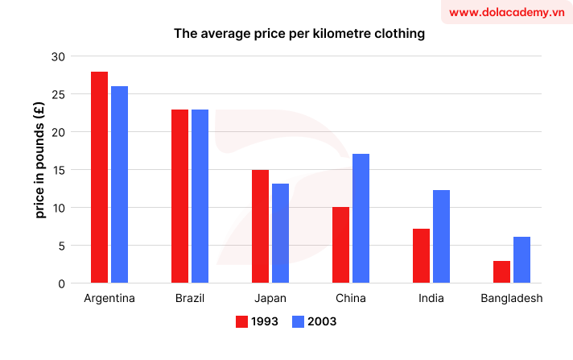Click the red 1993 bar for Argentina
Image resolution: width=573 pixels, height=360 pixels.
[x=99, y=177]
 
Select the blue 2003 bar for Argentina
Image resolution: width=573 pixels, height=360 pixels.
[x=119, y=184]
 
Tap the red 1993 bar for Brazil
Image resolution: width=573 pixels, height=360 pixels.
[x=179, y=197]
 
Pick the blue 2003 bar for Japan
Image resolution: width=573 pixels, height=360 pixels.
[x=280, y=234]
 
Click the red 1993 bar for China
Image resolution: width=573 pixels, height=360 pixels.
[x=340, y=245]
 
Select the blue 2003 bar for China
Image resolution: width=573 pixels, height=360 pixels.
[x=361, y=218]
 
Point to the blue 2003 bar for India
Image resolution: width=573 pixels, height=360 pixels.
[x=441, y=237]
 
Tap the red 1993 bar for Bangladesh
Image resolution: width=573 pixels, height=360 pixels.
[x=501, y=272]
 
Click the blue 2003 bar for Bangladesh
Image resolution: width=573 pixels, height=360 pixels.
[x=521, y=260]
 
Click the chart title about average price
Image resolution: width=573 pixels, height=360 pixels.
[x=299, y=35]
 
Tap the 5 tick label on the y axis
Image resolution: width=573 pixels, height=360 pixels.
[x=60, y=246]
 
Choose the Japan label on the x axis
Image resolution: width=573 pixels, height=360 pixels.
[x=270, y=299]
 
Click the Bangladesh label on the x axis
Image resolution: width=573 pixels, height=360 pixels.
[x=511, y=299]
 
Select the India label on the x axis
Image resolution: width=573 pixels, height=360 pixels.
[x=431, y=299]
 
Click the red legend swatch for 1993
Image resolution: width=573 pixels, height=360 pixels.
[x=241, y=321]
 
